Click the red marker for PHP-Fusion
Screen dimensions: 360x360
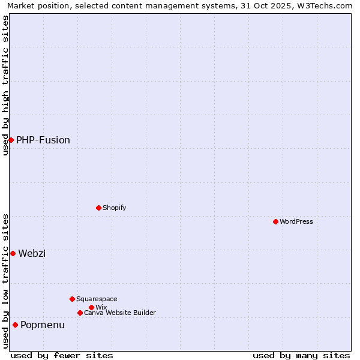(11, 140)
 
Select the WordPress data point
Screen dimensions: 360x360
(275, 221)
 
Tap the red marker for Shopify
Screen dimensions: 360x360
(98, 208)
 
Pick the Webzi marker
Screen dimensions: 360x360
(13, 253)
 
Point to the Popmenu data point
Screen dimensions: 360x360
(15, 325)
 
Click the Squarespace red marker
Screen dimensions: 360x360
(72, 299)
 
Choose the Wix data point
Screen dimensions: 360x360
(91, 307)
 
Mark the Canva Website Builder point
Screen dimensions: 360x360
(80, 313)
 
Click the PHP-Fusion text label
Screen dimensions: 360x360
(43, 140)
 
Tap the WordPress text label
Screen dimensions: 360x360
(296, 221)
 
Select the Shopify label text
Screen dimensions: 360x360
(114, 208)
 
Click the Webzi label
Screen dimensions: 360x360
(32, 253)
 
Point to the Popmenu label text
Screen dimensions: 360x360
(43, 325)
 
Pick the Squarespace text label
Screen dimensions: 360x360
(97, 299)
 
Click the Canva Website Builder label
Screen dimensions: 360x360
(120, 313)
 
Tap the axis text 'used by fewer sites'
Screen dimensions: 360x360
(62, 355)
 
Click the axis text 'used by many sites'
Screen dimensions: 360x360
(301, 355)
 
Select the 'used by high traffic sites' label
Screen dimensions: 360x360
(5, 85)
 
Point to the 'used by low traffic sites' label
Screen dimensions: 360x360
(5, 281)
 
